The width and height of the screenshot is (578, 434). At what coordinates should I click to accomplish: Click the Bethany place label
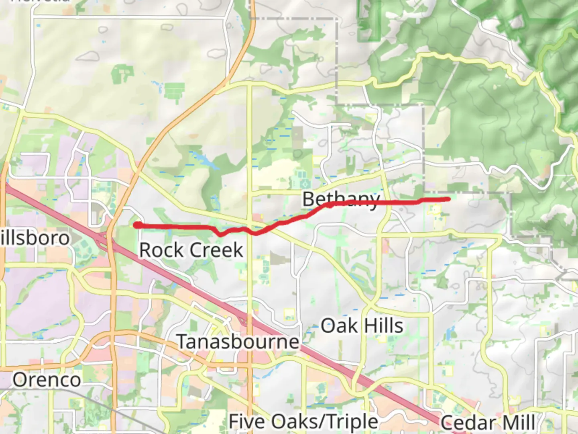[341, 199]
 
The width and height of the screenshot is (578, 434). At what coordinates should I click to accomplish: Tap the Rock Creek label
[191, 250]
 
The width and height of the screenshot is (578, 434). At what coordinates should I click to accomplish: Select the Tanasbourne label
[238, 342]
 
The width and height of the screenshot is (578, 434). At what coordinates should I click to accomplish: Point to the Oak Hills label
[362, 325]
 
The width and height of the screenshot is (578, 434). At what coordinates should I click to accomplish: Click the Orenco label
[47, 380]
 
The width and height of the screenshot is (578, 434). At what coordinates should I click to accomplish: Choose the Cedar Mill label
[488, 423]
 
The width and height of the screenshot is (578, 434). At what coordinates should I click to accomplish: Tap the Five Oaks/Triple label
[303, 422]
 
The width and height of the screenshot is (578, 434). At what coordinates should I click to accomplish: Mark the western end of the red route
[137, 225]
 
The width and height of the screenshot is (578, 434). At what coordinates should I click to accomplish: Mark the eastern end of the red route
[448, 199]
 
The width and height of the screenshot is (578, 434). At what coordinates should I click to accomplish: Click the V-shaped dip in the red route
[219, 234]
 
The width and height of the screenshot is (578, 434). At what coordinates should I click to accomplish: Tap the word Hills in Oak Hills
[384, 325]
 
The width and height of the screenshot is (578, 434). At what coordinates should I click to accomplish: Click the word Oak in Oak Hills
[339, 325]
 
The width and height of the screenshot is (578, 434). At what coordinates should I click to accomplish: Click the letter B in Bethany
[309, 199]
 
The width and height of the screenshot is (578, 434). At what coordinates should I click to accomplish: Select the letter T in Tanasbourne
[183, 342]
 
